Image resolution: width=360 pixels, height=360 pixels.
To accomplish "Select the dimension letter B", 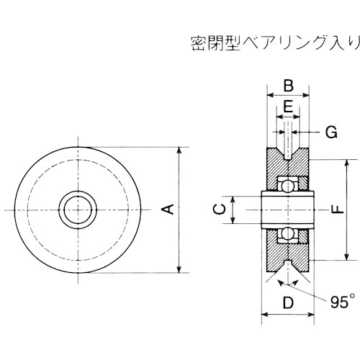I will point(288,86).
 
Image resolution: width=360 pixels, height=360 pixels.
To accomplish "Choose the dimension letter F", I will point(335,210).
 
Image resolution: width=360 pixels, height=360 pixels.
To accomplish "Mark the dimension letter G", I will point(330,132).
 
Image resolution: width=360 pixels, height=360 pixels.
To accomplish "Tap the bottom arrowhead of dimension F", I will point(348,257).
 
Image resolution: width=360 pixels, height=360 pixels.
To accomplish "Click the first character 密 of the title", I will point(198,41).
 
